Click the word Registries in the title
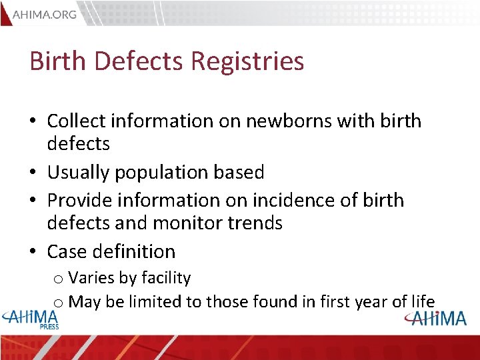(x=247, y=61)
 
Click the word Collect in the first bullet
(x=77, y=121)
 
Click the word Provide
(x=79, y=200)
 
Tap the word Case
(x=65, y=251)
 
